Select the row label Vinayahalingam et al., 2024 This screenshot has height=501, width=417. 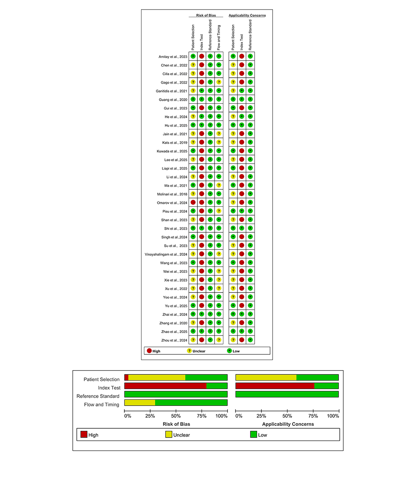coord(166,254)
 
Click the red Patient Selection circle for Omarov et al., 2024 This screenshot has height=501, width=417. coord(193,202)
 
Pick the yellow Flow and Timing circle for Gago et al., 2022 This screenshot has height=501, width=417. coord(219,82)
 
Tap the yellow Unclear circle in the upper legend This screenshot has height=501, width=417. coord(189,351)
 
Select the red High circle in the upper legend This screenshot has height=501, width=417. coord(149,351)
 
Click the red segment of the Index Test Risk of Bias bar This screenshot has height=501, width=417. coord(165,386)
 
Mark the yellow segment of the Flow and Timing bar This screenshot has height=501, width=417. coord(140,402)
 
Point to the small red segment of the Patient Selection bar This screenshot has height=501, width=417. coord(126,377)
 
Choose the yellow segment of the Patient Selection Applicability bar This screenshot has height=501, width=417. coord(266,377)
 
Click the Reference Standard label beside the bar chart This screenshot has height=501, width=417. coord(98,396)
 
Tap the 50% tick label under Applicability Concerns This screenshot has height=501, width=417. coord(287,416)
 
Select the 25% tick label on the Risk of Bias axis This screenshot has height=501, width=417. coord(150,416)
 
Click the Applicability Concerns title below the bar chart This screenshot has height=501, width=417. coord(288,424)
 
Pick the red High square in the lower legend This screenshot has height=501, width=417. coord(84,435)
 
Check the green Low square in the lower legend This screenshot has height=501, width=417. coord(253,435)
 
